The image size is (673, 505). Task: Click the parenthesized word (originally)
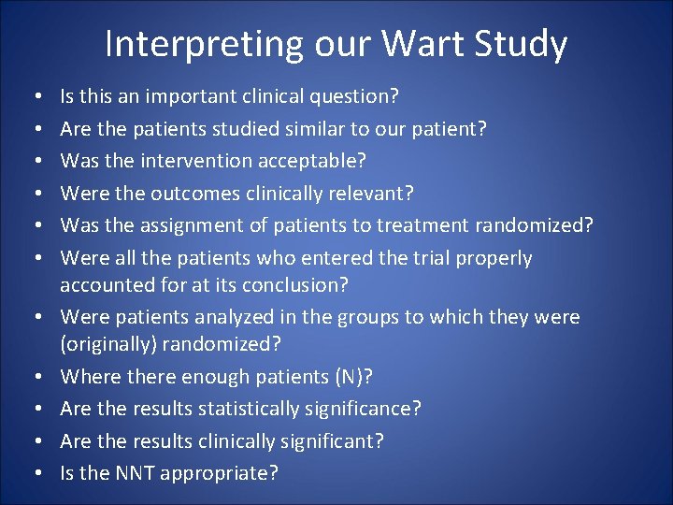coord(107,343)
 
